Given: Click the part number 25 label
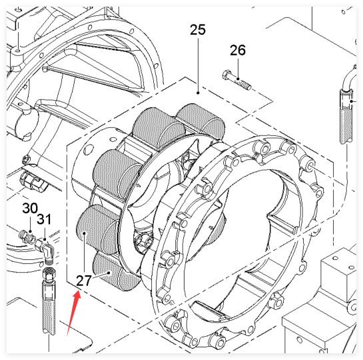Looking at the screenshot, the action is click(x=198, y=29).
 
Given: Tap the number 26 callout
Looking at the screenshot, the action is click(x=238, y=50).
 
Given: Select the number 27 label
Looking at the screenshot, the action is click(x=83, y=281).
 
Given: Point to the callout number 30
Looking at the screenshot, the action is click(x=30, y=208).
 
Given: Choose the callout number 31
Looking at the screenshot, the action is click(x=44, y=219).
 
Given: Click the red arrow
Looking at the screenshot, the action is click(x=74, y=314).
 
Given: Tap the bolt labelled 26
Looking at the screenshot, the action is click(x=236, y=80).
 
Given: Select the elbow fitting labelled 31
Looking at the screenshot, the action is click(x=45, y=251).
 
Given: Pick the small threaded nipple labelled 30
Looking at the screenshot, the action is click(x=27, y=235).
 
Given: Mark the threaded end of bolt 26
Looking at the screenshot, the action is click(x=246, y=85).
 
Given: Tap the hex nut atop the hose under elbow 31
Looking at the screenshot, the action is click(x=49, y=275).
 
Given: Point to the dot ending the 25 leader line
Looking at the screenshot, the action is click(x=198, y=93).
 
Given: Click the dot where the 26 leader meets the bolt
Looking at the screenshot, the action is click(x=238, y=79).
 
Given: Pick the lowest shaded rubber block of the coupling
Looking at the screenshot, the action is click(x=116, y=271).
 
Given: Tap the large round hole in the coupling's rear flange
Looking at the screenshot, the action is click(x=89, y=148).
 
